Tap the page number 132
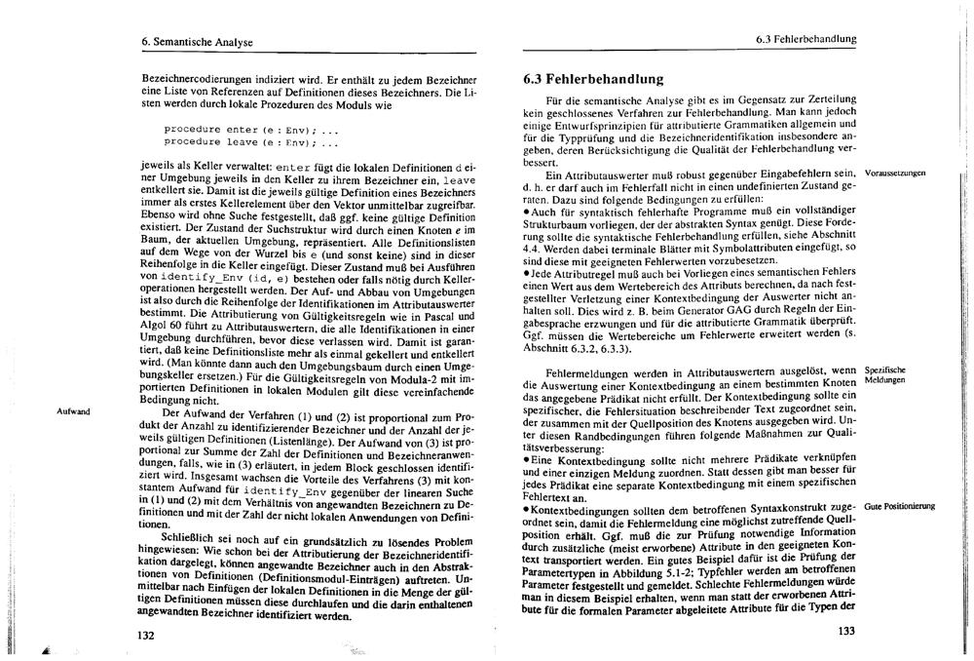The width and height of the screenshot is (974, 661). tap(146, 635)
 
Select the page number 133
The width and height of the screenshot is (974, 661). tap(845, 631)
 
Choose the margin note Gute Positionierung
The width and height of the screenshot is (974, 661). tap(899, 506)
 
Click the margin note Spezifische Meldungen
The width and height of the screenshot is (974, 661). tap(886, 375)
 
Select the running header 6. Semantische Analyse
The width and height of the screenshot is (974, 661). tap(196, 42)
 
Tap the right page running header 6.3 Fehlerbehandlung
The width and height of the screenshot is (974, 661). tap(805, 39)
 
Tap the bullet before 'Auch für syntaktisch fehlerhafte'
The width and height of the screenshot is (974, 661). tap(527, 212)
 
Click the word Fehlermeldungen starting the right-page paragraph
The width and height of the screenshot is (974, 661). tap(592, 371)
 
